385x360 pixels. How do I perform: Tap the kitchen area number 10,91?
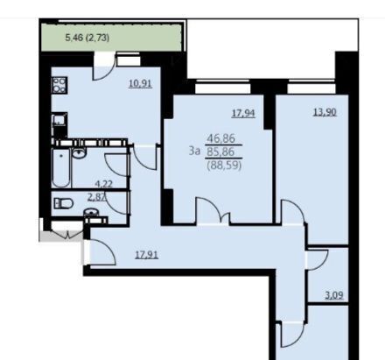141,84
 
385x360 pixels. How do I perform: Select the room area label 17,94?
243,113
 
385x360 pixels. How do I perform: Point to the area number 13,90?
325,112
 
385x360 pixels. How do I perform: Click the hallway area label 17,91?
147,255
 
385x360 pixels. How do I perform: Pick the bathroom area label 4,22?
104,184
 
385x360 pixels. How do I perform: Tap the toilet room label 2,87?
96,197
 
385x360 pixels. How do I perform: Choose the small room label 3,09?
334,295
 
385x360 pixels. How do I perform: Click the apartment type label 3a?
194,151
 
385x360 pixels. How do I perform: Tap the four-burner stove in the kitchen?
59,85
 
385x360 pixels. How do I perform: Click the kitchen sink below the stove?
59,120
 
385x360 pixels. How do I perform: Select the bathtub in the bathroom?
61,168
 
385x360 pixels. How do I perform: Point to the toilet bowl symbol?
63,203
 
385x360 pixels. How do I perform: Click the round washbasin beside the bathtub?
79,153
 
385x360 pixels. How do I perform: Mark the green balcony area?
112,38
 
